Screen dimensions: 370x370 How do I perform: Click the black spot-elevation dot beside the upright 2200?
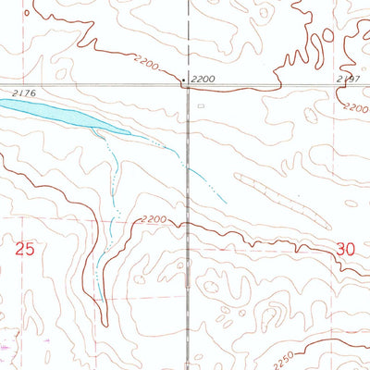183,81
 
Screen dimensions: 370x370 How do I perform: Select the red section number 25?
25,249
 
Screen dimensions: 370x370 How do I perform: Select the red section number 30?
347,249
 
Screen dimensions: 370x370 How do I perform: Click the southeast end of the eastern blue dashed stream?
225,202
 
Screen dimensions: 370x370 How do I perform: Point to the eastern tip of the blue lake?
130,135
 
